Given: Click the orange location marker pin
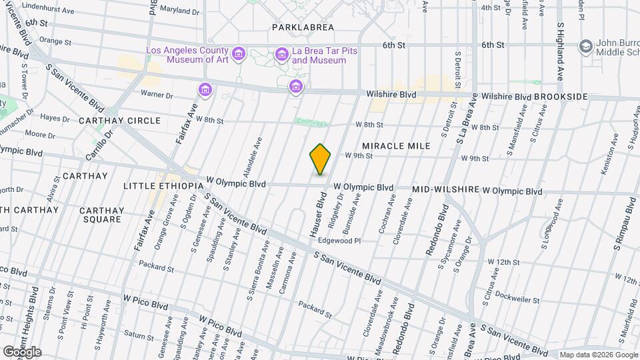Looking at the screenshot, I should click(x=320, y=159).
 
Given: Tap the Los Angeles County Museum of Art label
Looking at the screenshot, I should click(x=187, y=55).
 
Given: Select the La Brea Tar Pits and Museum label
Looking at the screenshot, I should click(x=319, y=55).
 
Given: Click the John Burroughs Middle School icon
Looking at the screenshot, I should click(x=586, y=46).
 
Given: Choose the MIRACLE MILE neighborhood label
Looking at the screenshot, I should click(x=395, y=145).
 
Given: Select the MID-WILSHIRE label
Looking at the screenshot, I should click(x=446, y=190).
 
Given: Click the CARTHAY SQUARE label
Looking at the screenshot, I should click(x=101, y=215).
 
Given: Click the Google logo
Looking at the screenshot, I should click(x=22, y=351).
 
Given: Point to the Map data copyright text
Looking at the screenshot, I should click(x=598, y=355).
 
